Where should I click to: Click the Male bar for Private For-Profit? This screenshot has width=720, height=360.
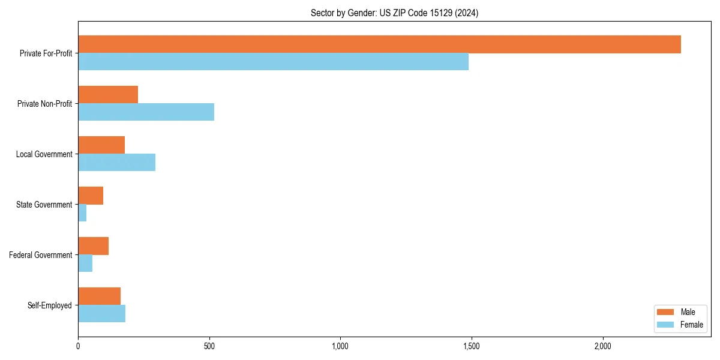point(379,44)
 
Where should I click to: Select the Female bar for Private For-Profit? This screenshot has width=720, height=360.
point(273,62)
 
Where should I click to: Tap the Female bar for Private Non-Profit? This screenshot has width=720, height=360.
point(146,112)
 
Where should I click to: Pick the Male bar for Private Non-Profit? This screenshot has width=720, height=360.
point(108,95)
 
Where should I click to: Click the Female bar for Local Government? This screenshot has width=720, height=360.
point(116,163)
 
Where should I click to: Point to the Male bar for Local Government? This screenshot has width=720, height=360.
point(101,145)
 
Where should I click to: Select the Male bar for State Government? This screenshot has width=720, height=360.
point(91,196)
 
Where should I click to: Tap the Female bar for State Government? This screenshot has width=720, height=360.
point(82,213)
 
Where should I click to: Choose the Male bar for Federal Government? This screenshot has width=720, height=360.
point(93,246)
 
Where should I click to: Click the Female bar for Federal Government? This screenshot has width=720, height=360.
point(85,263)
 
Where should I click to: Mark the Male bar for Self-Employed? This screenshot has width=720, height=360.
point(99,296)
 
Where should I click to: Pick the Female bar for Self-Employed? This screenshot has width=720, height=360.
point(101,314)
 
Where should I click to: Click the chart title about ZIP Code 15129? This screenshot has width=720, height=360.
point(394,13)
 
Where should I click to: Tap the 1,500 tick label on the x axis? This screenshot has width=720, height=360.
point(471,346)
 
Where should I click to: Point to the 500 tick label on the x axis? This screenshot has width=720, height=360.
point(209,346)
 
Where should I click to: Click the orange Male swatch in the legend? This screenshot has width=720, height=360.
point(666,312)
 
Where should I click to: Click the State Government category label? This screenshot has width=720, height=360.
point(44,205)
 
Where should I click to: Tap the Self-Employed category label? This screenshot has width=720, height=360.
point(49,305)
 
